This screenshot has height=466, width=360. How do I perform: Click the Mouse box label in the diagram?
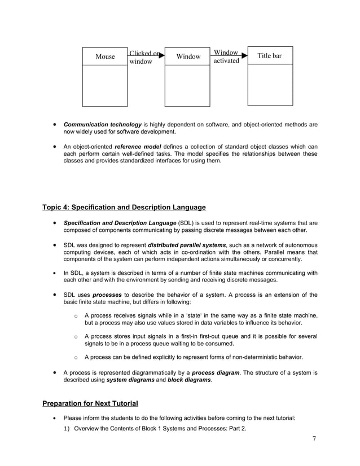coord(105,56)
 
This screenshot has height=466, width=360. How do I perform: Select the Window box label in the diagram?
coord(188,56)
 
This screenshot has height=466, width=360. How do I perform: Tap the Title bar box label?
coord(270,56)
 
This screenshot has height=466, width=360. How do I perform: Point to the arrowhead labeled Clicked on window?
coord(161,55)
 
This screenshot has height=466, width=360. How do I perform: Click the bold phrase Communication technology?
coord(102,124)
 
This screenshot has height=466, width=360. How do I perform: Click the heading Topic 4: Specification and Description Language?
coord(124,208)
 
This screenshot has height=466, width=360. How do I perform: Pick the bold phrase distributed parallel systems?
coord(186,245)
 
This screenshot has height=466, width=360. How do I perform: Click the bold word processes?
coord(107,295)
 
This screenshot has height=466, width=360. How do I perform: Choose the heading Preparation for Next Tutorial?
coord(90,403)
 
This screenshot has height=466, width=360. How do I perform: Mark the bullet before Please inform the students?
coord(54,419)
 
